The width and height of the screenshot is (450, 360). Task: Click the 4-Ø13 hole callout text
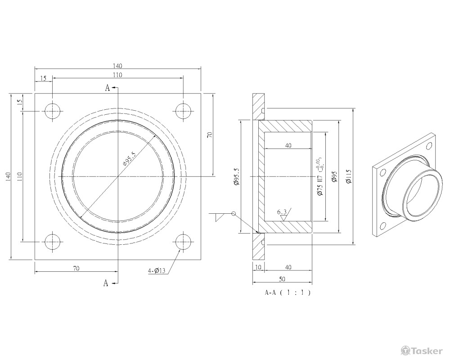coord(157,270)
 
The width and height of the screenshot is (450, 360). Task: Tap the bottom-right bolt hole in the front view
coord(183,243)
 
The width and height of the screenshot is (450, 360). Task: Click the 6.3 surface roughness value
coord(282,211)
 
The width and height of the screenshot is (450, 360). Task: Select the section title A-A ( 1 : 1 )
coord(288,292)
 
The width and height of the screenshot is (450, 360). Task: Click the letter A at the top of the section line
coord(107,88)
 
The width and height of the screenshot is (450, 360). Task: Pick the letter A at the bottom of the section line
coord(106,283)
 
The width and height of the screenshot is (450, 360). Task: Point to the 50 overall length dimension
coord(282,279)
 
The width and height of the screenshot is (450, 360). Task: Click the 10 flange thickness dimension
coord(257,267)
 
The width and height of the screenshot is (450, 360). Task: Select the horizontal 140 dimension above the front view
coord(117,66)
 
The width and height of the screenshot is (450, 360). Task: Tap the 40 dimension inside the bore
coord(288,145)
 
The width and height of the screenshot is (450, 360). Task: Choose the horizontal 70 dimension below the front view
coord(76,268)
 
